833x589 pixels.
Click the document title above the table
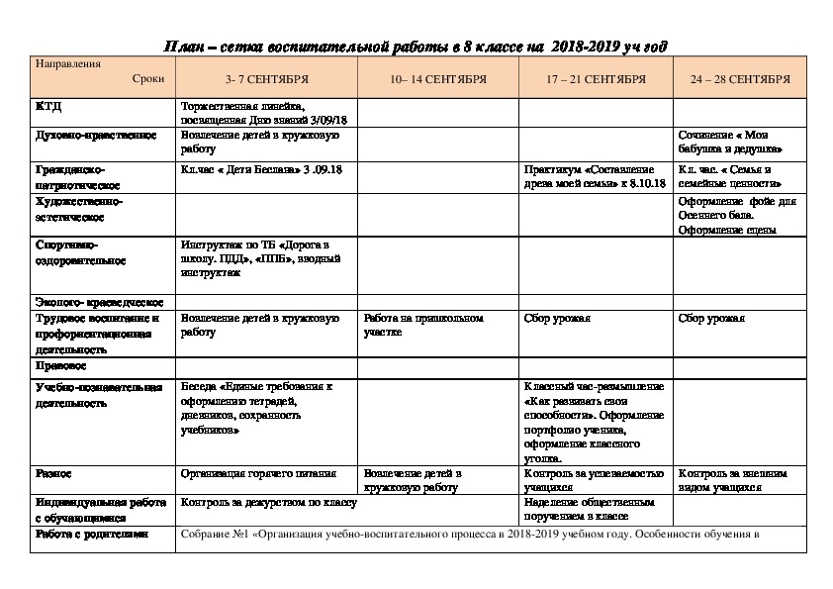(x=415, y=47)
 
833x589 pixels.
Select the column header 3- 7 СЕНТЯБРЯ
(x=267, y=78)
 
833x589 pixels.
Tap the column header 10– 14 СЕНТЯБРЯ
(x=437, y=78)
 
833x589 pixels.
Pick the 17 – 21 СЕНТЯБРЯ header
(x=598, y=78)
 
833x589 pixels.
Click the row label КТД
(x=48, y=106)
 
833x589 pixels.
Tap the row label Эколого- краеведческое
(x=99, y=301)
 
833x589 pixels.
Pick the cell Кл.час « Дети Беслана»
(x=254, y=169)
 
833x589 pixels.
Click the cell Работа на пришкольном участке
(x=423, y=325)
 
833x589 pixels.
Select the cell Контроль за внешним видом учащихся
(x=734, y=480)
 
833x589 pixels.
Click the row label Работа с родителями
(x=91, y=534)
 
